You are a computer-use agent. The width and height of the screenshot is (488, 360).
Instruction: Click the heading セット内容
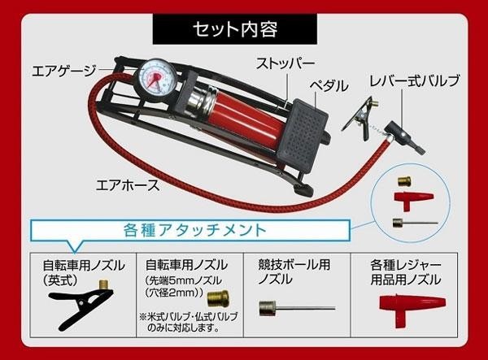coord(235,29)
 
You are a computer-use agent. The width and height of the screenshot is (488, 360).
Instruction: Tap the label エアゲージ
coord(64,72)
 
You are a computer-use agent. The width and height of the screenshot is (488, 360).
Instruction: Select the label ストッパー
coord(285,63)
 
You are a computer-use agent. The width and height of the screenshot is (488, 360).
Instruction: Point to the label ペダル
coord(329,85)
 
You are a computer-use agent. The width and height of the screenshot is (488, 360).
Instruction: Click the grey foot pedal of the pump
coord(301,136)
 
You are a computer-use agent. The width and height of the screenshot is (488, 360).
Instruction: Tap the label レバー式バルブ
coord(415,80)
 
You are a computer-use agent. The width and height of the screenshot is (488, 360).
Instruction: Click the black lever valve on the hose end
coord(404,137)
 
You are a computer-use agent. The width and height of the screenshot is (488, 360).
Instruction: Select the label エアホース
coord(128,185)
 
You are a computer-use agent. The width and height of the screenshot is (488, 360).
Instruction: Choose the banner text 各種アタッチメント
coord(195,230)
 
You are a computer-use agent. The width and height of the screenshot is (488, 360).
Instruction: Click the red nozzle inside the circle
coord(413,200)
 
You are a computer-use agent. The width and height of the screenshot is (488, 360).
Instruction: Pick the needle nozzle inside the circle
coord(415,223)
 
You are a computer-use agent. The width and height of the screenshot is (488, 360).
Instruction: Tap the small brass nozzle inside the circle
coord(404,181)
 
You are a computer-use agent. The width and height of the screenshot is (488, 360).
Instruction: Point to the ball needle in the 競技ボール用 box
coord(297,308)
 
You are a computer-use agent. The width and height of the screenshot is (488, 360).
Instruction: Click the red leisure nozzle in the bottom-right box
coord(412,309)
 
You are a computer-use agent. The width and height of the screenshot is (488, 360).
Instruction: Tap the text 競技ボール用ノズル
coord(294,272)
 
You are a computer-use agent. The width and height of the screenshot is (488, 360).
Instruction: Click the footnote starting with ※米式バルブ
coord(189,322)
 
